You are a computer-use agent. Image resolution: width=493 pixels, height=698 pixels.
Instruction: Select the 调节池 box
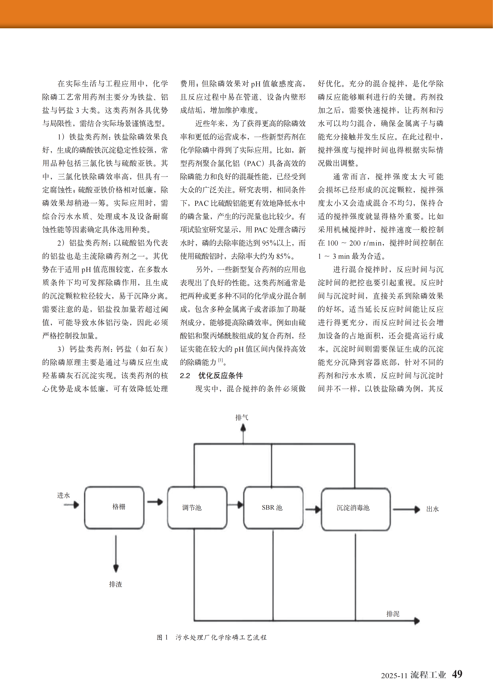[x=197, y=508]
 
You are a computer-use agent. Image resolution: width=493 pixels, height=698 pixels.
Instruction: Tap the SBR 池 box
[x=273, y=508]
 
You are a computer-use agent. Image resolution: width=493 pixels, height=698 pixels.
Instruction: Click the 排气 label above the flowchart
[x=242, y=417]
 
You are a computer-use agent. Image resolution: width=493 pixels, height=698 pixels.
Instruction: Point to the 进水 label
[x=64, y=495]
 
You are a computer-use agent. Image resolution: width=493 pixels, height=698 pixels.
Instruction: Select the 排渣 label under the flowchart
[x=115, y=584]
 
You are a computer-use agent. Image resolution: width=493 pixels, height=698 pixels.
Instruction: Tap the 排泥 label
[x=393, y=614]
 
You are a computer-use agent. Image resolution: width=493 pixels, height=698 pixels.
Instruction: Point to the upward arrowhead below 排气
[x=243, y=428]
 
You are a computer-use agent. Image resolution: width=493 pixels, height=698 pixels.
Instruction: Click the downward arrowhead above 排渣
[x=116, y=568]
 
